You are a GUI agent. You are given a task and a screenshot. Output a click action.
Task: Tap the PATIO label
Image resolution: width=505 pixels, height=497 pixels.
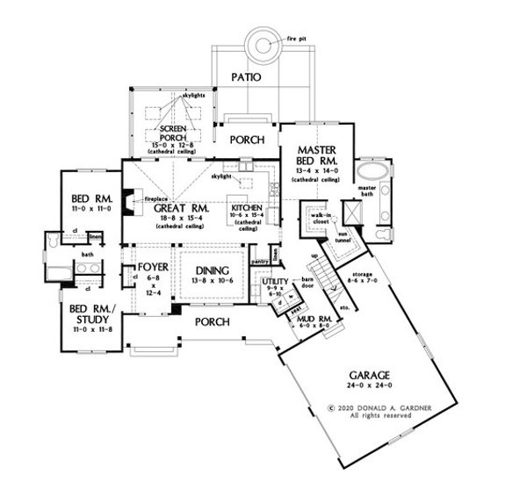pos(247,77)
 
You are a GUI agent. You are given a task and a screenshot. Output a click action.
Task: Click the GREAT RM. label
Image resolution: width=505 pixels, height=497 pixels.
pos(182,208)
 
